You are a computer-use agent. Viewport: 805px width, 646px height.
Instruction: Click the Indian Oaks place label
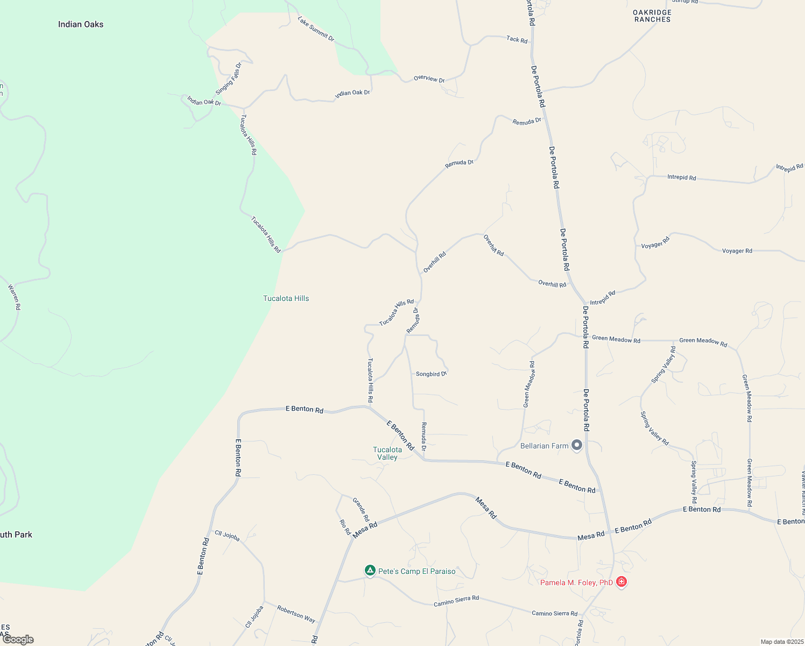(81, 24)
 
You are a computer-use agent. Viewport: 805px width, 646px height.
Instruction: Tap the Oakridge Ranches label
(652, 16)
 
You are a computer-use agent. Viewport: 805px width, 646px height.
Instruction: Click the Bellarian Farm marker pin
(577, 445)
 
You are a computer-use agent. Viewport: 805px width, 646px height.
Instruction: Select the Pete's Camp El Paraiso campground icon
(370, 570)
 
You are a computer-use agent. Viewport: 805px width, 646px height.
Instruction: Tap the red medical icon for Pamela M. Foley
(622, 581)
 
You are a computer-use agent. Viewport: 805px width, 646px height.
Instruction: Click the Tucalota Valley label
(387, 453)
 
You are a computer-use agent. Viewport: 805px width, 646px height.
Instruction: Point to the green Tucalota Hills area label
(286, 298)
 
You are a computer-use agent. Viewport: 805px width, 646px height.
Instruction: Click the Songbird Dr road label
(431, 374)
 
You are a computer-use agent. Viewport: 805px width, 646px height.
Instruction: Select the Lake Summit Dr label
(316, 29)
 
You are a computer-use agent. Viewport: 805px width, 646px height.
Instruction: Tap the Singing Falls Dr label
(229, 79)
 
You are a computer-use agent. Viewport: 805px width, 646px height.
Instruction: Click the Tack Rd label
(517, 39)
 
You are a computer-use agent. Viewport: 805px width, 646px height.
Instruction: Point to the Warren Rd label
(15, 297)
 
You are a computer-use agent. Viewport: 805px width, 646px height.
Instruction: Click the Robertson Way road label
(296, 614)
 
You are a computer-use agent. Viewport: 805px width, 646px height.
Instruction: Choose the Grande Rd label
(361, 509)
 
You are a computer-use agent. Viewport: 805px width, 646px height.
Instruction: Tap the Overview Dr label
(429, 79)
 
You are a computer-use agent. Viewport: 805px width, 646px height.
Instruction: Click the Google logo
(18, 640)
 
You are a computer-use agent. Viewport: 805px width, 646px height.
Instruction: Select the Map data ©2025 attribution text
(781, 642)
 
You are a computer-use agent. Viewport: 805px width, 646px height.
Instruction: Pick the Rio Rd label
(345, 526)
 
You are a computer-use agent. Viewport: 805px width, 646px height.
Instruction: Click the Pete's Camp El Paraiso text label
(416, 571)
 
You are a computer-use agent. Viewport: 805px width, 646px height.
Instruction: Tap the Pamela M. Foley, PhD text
(576, 582)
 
